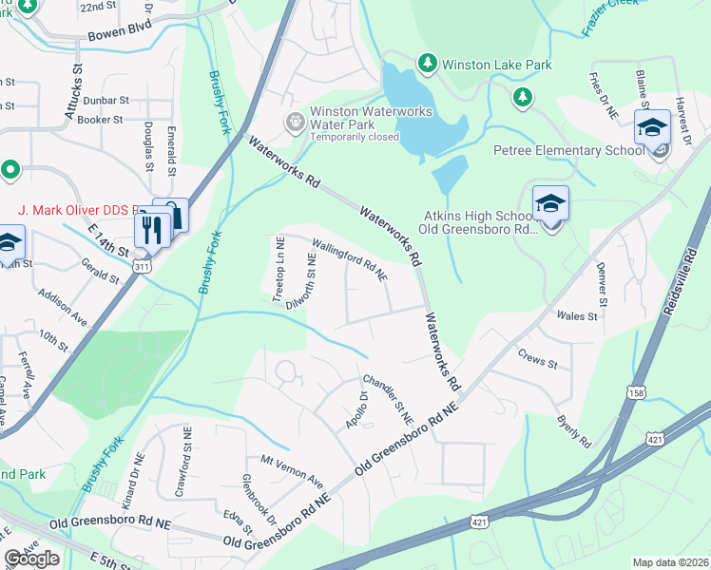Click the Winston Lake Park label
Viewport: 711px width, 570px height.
coord(497,65)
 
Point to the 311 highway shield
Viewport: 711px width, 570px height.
coord(142,268)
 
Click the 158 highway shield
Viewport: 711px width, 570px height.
coord(634,392)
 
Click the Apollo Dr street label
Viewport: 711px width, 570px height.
coord(355,409)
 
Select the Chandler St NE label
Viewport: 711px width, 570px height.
coord(388,397)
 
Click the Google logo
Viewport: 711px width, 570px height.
coord(31,559)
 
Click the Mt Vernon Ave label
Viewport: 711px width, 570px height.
coord(292,471)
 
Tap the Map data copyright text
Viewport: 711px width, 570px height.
coord(670,562)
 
